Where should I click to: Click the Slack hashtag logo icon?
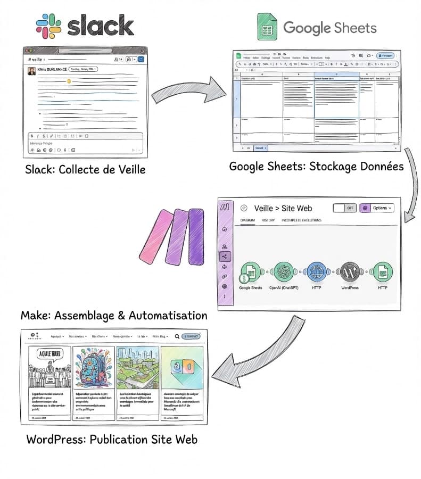coord(48,25)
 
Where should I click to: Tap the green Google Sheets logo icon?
coord(267,27)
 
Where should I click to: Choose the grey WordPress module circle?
coord(350,272)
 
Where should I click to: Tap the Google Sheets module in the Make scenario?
coord(251,272)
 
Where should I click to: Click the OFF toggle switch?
coord(344,208)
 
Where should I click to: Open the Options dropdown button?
coord(377,208)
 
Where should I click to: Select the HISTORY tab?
coord(268,220)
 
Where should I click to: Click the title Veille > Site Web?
coord(283,208)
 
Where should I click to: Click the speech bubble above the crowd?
coord(49,353)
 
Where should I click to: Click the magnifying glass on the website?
coord(177,336)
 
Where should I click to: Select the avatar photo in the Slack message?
coord(32,71)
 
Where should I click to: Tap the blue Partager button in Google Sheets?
coord(385,55)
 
